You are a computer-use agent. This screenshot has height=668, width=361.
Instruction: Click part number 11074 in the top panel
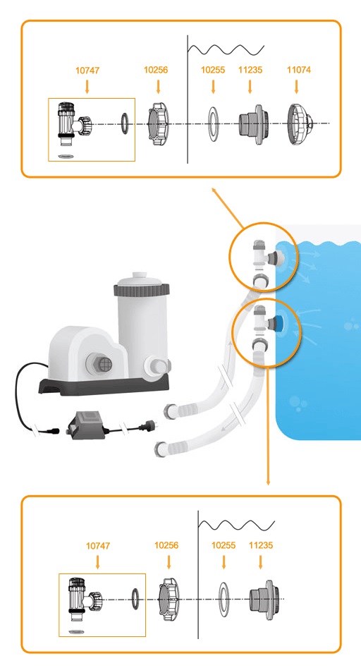[299, 70]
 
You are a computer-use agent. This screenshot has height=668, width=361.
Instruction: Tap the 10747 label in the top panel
[87, 71]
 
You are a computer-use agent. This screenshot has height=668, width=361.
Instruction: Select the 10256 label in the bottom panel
[166, 545]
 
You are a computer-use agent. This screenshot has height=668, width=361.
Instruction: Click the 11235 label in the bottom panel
[261, 545]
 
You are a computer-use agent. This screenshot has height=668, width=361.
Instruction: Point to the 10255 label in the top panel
[213, 70]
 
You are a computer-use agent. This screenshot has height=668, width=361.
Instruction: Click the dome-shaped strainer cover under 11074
[301, 124]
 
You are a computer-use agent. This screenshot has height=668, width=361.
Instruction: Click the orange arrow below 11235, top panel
[250, 87]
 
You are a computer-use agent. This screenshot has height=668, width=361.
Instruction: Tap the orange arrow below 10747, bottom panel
[98, 562]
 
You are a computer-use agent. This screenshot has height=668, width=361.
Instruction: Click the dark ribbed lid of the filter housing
[142, 290]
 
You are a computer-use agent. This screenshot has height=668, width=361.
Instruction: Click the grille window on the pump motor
[105, 364]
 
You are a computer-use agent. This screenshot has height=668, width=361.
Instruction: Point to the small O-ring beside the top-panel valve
[125, 124]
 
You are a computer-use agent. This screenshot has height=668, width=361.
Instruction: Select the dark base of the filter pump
[104, 386]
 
